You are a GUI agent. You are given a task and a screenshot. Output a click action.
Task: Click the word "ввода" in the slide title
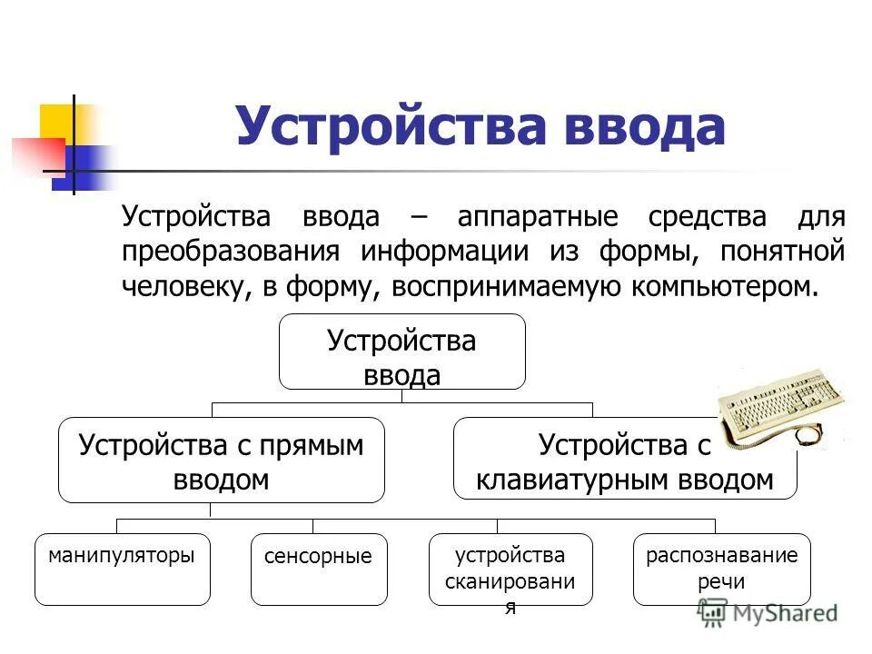[643, 127]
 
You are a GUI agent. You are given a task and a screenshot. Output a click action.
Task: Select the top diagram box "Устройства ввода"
[401, 352]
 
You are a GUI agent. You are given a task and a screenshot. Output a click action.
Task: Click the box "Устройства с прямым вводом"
[221, 460]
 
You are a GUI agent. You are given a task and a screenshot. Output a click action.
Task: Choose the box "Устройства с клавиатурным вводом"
[625, 460]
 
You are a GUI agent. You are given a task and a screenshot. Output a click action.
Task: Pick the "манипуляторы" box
[123, 570]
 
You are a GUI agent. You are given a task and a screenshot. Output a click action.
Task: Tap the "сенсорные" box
[318, 570]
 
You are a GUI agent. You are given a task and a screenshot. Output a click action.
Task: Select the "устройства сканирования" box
[510, 570]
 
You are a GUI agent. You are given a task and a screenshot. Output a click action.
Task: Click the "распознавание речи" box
[722, 570]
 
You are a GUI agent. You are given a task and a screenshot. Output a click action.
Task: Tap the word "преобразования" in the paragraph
[232, 252]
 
